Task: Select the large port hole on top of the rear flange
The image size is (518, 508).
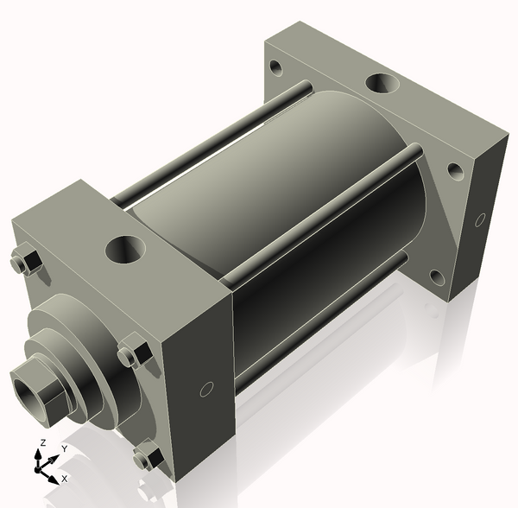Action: coord(382,85)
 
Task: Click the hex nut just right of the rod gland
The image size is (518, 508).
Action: coord(131,354)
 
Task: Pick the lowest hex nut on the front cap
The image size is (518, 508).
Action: coord(147,454)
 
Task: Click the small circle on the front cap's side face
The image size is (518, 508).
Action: coord(206,390)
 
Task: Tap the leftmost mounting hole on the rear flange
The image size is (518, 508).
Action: coord(275,66)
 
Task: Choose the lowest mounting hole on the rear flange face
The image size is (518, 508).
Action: coord(437,277)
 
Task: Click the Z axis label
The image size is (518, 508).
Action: coord(41,444)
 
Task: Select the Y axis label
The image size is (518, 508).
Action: coord(63,449)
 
